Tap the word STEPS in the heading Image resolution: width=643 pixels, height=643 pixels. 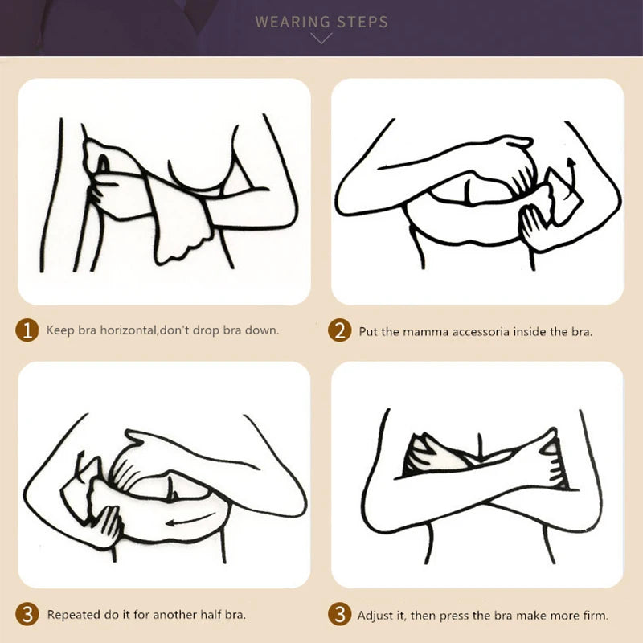pos(362,22)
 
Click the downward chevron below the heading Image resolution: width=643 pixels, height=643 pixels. pos(321,38)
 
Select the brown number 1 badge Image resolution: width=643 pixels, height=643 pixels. pos(28,330)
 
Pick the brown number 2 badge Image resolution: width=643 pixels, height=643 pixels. pos(341,330)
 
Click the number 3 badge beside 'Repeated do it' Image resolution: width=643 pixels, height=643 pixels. pos(28,616)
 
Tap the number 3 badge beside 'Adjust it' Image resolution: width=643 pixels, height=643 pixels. pos(341,616)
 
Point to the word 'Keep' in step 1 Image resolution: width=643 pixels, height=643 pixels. pos(59,330)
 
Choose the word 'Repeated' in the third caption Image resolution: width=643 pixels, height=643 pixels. pos(73,616)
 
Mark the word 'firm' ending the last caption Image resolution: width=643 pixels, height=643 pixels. pos(594,616)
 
